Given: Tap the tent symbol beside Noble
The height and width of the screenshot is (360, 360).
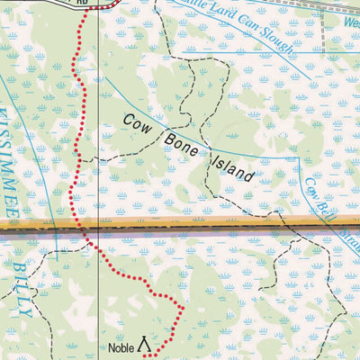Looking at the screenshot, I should tap(144, 346).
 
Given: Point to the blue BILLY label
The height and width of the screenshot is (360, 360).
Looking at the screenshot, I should tap(24, 291).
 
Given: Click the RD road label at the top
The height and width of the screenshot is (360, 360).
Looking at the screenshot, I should tap(82, 4).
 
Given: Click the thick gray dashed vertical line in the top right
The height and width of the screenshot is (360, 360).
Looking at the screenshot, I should tap(322, 31).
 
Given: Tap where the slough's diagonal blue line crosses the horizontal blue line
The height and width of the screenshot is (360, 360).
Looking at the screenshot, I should tap(290, 53).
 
